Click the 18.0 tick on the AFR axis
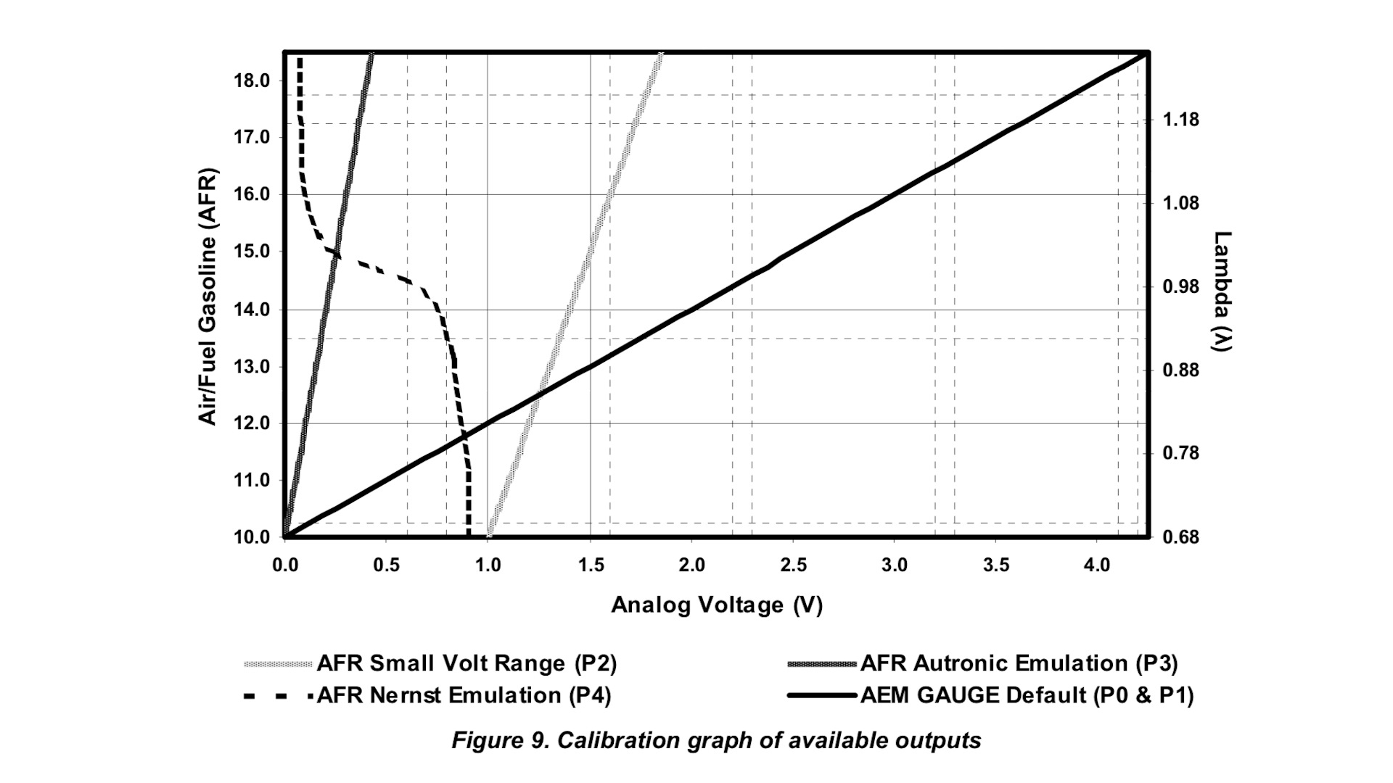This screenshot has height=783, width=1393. point(252,80)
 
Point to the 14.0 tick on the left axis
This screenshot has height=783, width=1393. point(252,310)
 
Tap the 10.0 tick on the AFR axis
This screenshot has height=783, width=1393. point(252,537)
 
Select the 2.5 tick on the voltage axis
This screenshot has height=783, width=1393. point(793,565)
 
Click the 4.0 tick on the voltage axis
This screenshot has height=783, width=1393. point(1097,565)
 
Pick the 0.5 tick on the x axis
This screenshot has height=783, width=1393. point(386,565)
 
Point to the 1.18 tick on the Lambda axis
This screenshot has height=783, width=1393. point(1181,120)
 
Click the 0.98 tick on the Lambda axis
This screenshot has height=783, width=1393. point(1181,286)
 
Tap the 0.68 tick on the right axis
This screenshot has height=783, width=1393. point(1181,537)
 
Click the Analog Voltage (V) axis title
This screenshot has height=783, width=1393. point(717,605)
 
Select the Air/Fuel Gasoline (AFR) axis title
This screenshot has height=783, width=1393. point(208,297)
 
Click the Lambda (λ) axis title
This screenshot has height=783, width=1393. point(1223,291)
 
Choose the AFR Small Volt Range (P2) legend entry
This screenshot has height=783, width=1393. point(467,663)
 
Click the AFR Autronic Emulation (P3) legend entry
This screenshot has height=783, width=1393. point(1019,663)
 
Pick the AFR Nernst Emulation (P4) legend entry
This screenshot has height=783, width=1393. point(464,695)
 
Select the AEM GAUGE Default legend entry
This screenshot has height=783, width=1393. point(1027,695)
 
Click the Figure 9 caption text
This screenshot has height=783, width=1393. point(716,740)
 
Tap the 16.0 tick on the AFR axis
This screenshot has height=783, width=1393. point(252,194)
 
